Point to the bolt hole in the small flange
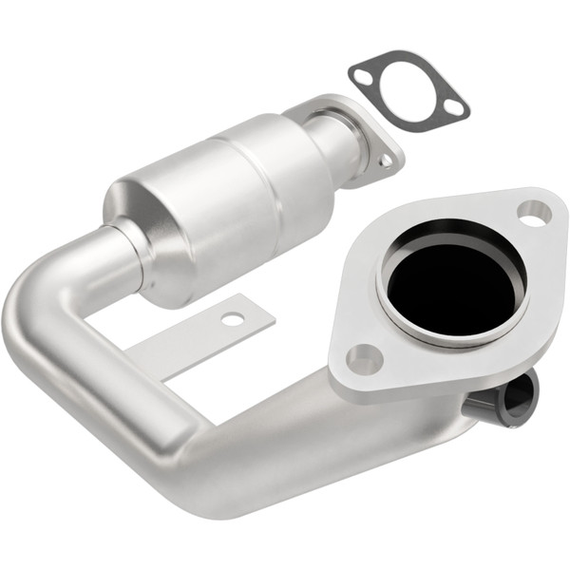pos(385,161)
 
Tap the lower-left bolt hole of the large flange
pos(363,358)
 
